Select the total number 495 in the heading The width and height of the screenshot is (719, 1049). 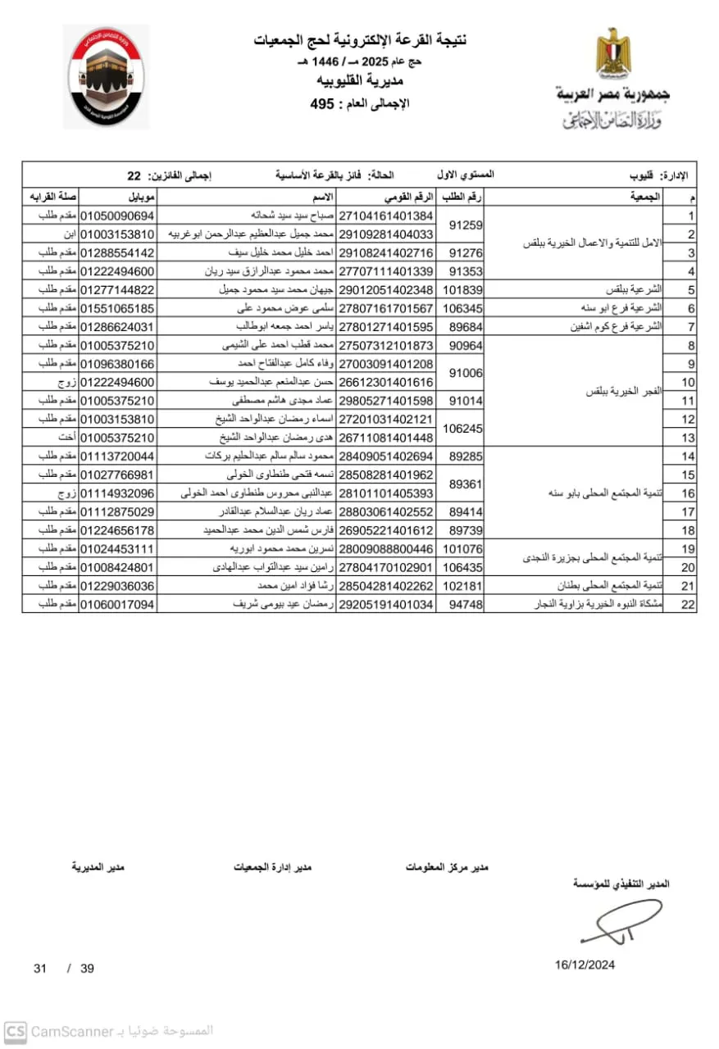[x=324, y=103]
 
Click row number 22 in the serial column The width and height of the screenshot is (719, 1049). [x=690, y=604]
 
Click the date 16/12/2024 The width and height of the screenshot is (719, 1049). [x=585, y=965]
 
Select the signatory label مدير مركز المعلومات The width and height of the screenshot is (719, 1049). [x=447, y=866]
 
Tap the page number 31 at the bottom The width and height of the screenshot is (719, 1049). [x=40, y=968]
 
